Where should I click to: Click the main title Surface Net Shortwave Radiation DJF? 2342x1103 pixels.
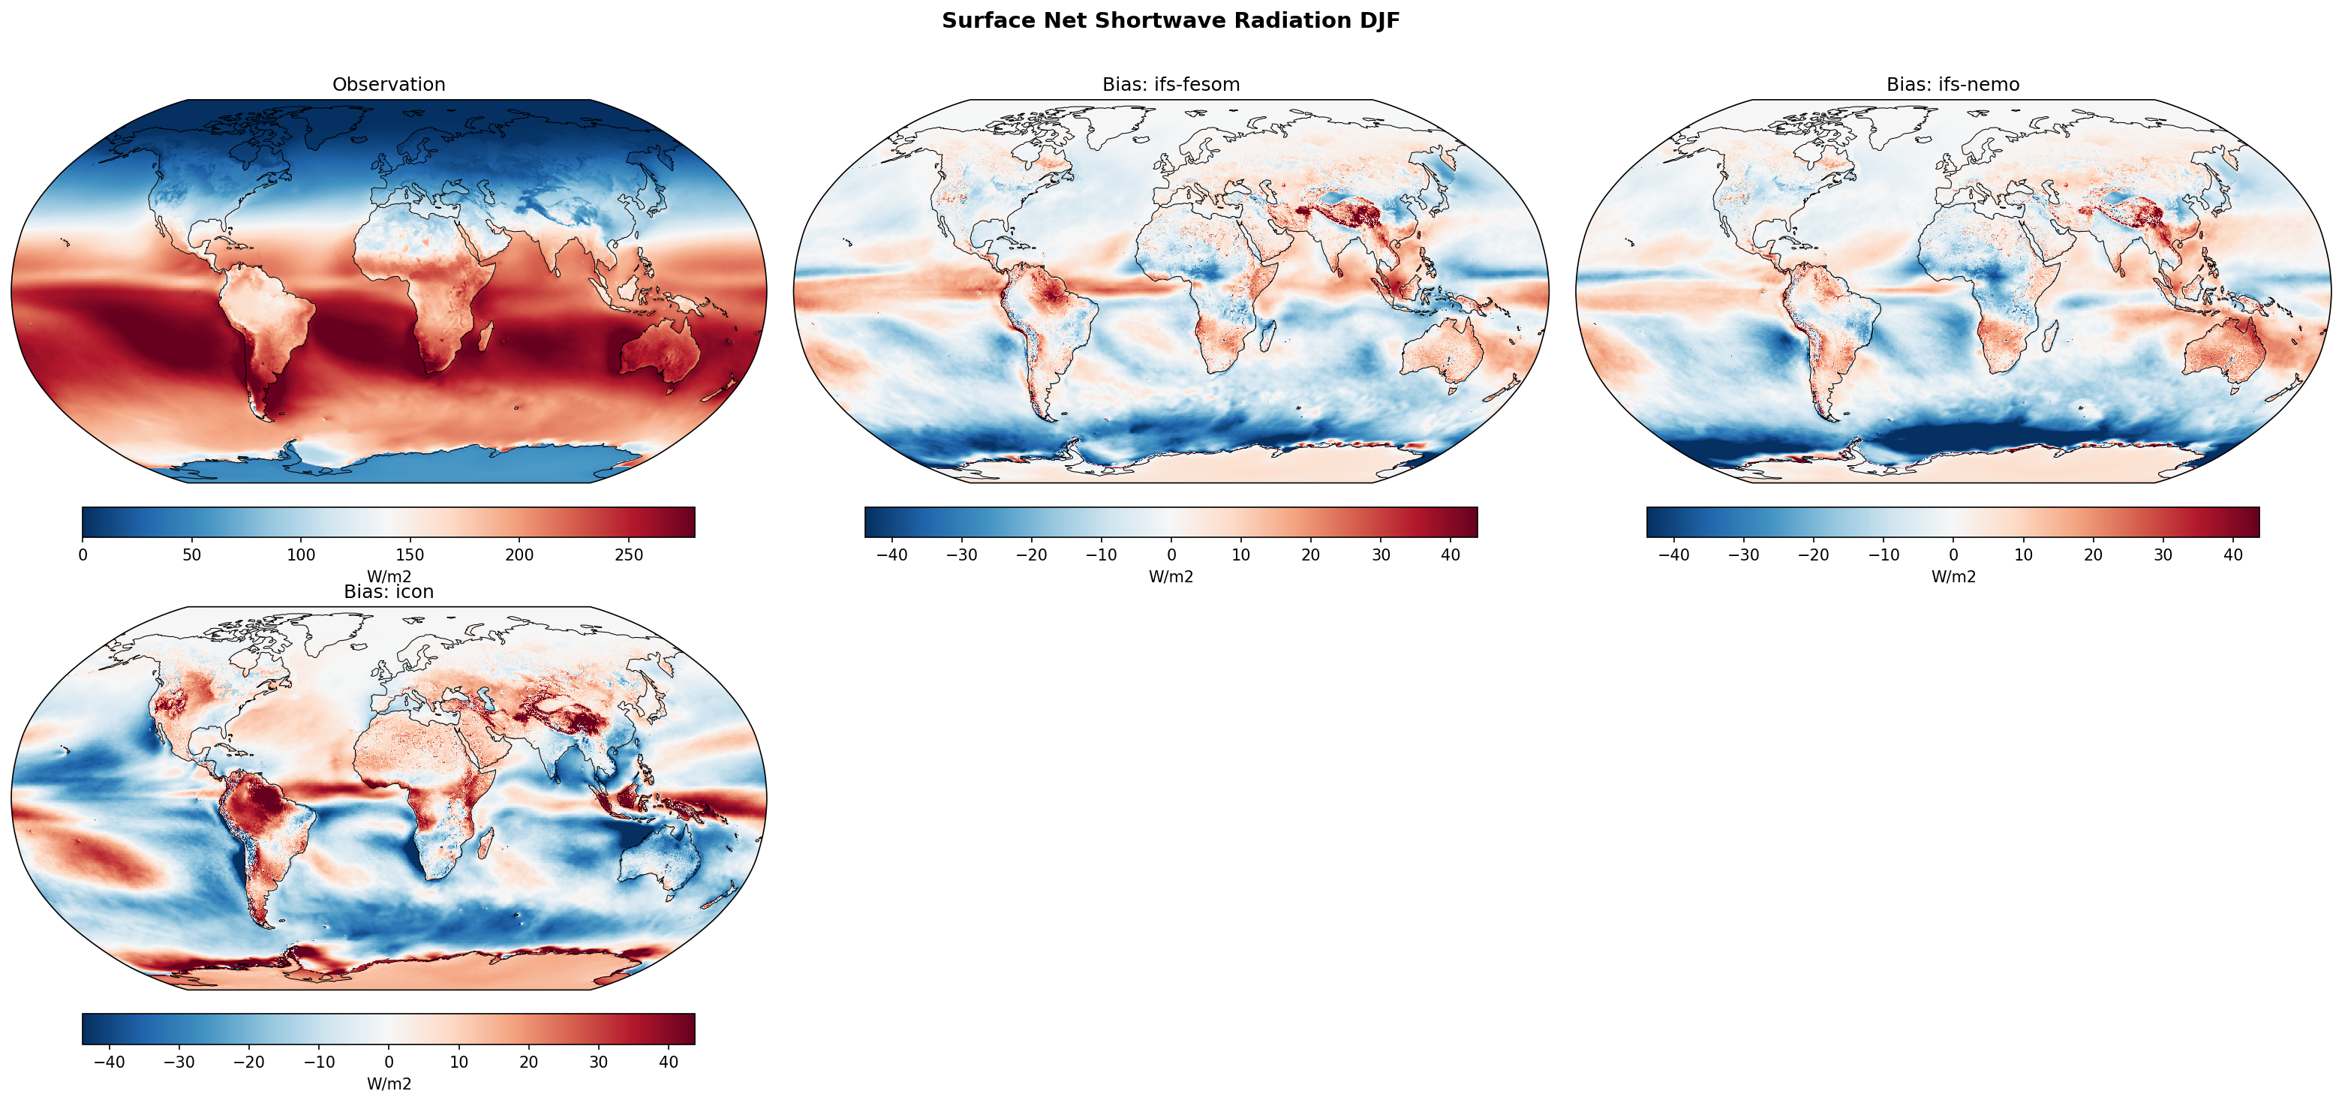click(1170, 21)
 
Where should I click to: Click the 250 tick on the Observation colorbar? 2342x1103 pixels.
click(629, 555)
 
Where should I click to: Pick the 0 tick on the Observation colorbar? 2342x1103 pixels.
click(83, 555)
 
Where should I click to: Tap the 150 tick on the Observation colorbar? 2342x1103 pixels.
click(410, 555)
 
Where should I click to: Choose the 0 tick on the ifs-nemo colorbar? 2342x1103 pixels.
click(1953, 555)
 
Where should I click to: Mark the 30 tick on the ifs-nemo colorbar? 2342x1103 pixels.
click(2163, 555)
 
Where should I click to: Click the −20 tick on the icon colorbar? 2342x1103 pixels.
click(249, 1061)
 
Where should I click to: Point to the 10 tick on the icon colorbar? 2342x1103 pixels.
click(459, 1061)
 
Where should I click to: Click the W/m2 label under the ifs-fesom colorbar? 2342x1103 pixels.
click(1170, 576)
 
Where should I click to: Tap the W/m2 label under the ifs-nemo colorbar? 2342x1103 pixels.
click(1953, 576)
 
